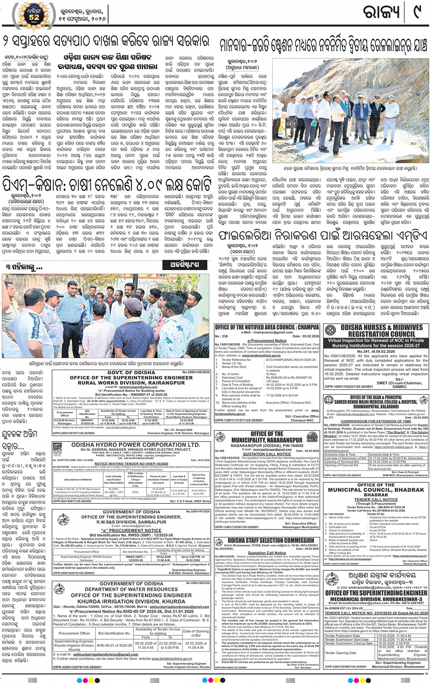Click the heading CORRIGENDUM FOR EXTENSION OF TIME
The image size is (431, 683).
[376, 421]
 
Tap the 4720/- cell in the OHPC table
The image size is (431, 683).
[135, 492]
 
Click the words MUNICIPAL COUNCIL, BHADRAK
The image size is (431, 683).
[375, 490]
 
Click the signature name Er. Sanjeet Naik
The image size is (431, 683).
[178, 430]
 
